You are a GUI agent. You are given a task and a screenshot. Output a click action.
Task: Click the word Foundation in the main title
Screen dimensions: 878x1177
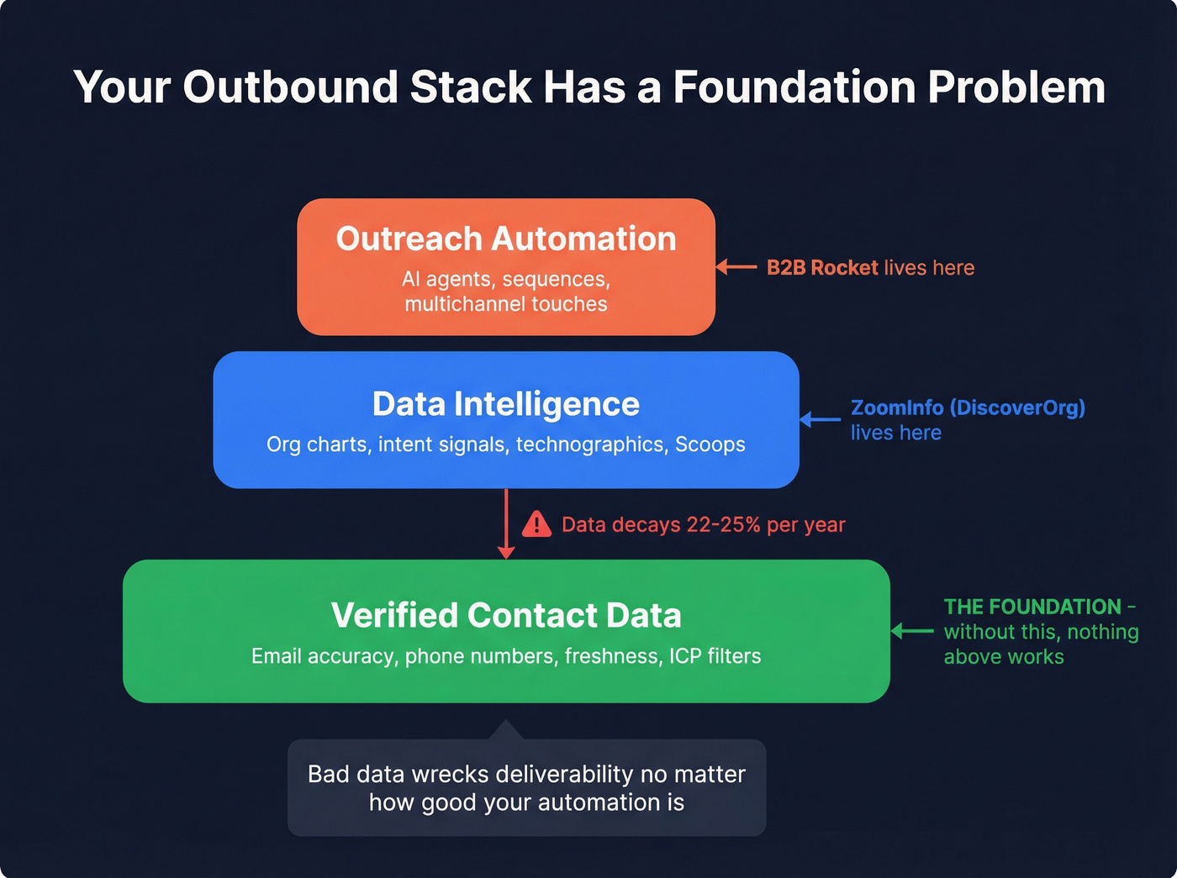[x=794, y=87]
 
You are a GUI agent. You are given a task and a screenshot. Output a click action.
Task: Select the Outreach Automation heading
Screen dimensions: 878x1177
[x=506, y=239]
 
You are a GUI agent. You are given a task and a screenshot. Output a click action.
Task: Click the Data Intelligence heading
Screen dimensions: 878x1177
[x=506, y=404]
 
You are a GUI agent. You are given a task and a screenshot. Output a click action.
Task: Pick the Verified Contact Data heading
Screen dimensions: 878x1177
[x=506, y=615]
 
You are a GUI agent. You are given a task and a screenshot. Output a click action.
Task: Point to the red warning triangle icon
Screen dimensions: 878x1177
[x=536, y=525]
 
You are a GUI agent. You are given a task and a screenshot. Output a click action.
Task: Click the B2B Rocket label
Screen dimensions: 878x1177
[x=822, y=268]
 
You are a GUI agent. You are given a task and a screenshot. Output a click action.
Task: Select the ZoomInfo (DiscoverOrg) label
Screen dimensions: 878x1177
[x=968, y=407]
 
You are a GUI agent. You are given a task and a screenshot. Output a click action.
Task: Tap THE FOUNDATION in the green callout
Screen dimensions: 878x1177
[x=1032, y=607]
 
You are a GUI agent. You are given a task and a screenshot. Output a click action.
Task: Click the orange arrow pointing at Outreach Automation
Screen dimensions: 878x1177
[x=736, y=267]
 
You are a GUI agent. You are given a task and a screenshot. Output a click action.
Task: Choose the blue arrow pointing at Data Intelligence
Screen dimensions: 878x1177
[x=820, y=419]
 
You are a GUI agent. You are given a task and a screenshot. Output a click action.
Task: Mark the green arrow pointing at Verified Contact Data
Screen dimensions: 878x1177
[x=911, y=631]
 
